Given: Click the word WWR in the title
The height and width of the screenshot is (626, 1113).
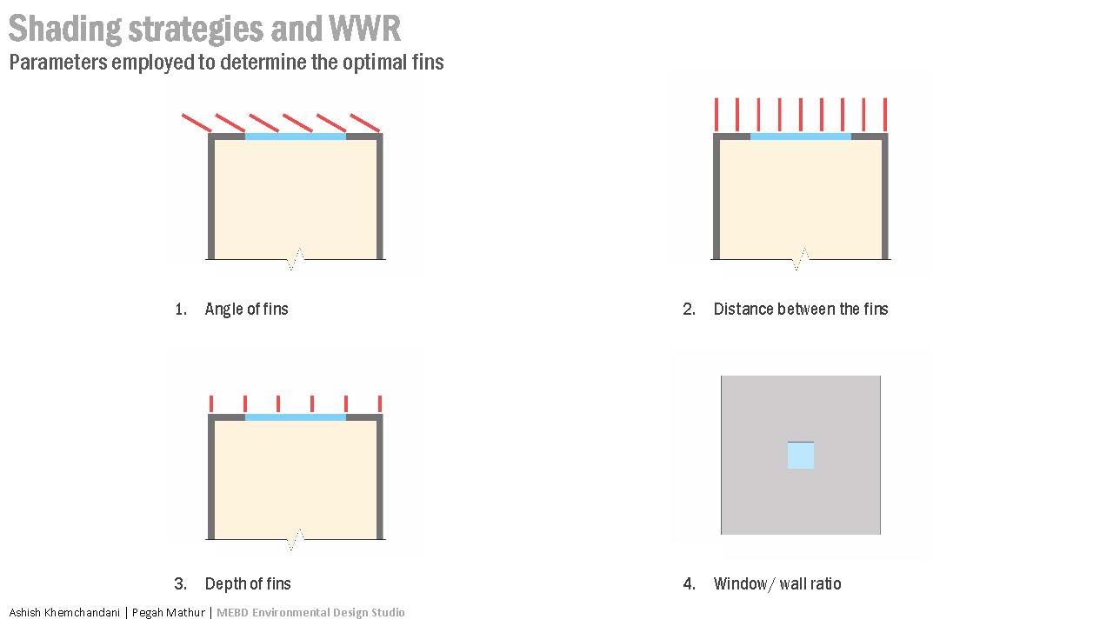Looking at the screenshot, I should (365, 29).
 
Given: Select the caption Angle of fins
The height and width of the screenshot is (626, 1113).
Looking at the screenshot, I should (246, 309).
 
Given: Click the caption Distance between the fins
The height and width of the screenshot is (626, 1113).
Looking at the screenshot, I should (801, 309).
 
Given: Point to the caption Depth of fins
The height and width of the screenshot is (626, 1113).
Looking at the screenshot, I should (248, 583).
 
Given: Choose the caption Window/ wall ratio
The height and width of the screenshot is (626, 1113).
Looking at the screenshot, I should (777, 583).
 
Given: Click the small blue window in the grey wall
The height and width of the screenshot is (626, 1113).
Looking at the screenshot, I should (801, 456).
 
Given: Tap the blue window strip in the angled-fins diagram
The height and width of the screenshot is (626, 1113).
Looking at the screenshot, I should (296, 136).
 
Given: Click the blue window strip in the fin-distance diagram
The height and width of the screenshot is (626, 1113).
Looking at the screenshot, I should (801, 136).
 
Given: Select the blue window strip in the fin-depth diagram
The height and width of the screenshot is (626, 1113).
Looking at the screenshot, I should (296, 417).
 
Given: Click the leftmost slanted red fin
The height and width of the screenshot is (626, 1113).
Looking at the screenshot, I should (197, 123).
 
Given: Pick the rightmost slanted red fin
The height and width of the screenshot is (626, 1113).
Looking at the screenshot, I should (365, 123).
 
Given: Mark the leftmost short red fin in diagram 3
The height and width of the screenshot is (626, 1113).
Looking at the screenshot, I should (211, 403).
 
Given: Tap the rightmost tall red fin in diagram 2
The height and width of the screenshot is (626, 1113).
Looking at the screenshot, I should (884, 114).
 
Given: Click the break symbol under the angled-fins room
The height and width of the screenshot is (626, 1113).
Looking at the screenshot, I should (296, 258).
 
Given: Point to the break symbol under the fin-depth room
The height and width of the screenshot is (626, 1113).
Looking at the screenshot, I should (296, 539).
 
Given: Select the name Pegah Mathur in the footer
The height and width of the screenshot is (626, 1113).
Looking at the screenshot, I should (169, 612).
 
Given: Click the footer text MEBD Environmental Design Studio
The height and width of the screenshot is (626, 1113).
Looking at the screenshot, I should (310, 612).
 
